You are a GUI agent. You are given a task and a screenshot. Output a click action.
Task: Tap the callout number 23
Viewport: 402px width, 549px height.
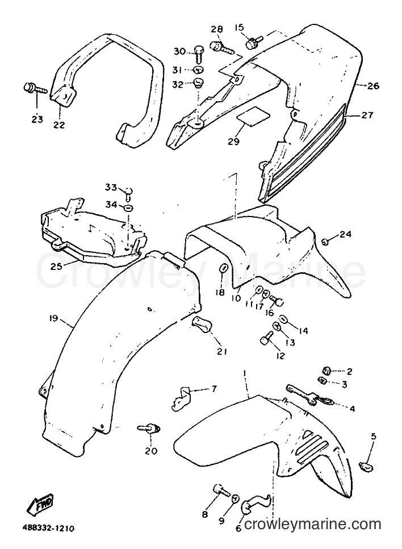(37, 119)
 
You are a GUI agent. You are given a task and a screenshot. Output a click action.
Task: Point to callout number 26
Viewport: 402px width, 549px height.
(374, 85)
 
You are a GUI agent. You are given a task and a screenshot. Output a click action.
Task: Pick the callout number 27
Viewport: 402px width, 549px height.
(368, 114)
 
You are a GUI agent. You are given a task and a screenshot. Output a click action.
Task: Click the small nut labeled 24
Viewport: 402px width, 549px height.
(325, 241)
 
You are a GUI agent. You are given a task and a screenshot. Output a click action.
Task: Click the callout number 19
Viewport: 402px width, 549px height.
(53, 318)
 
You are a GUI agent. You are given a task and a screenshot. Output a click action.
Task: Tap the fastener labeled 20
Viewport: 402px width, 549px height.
(149, 428)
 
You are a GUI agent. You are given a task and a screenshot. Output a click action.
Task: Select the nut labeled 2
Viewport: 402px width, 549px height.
(326, 371)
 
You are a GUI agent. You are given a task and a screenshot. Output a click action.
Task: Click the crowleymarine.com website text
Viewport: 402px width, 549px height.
(312, 534)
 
